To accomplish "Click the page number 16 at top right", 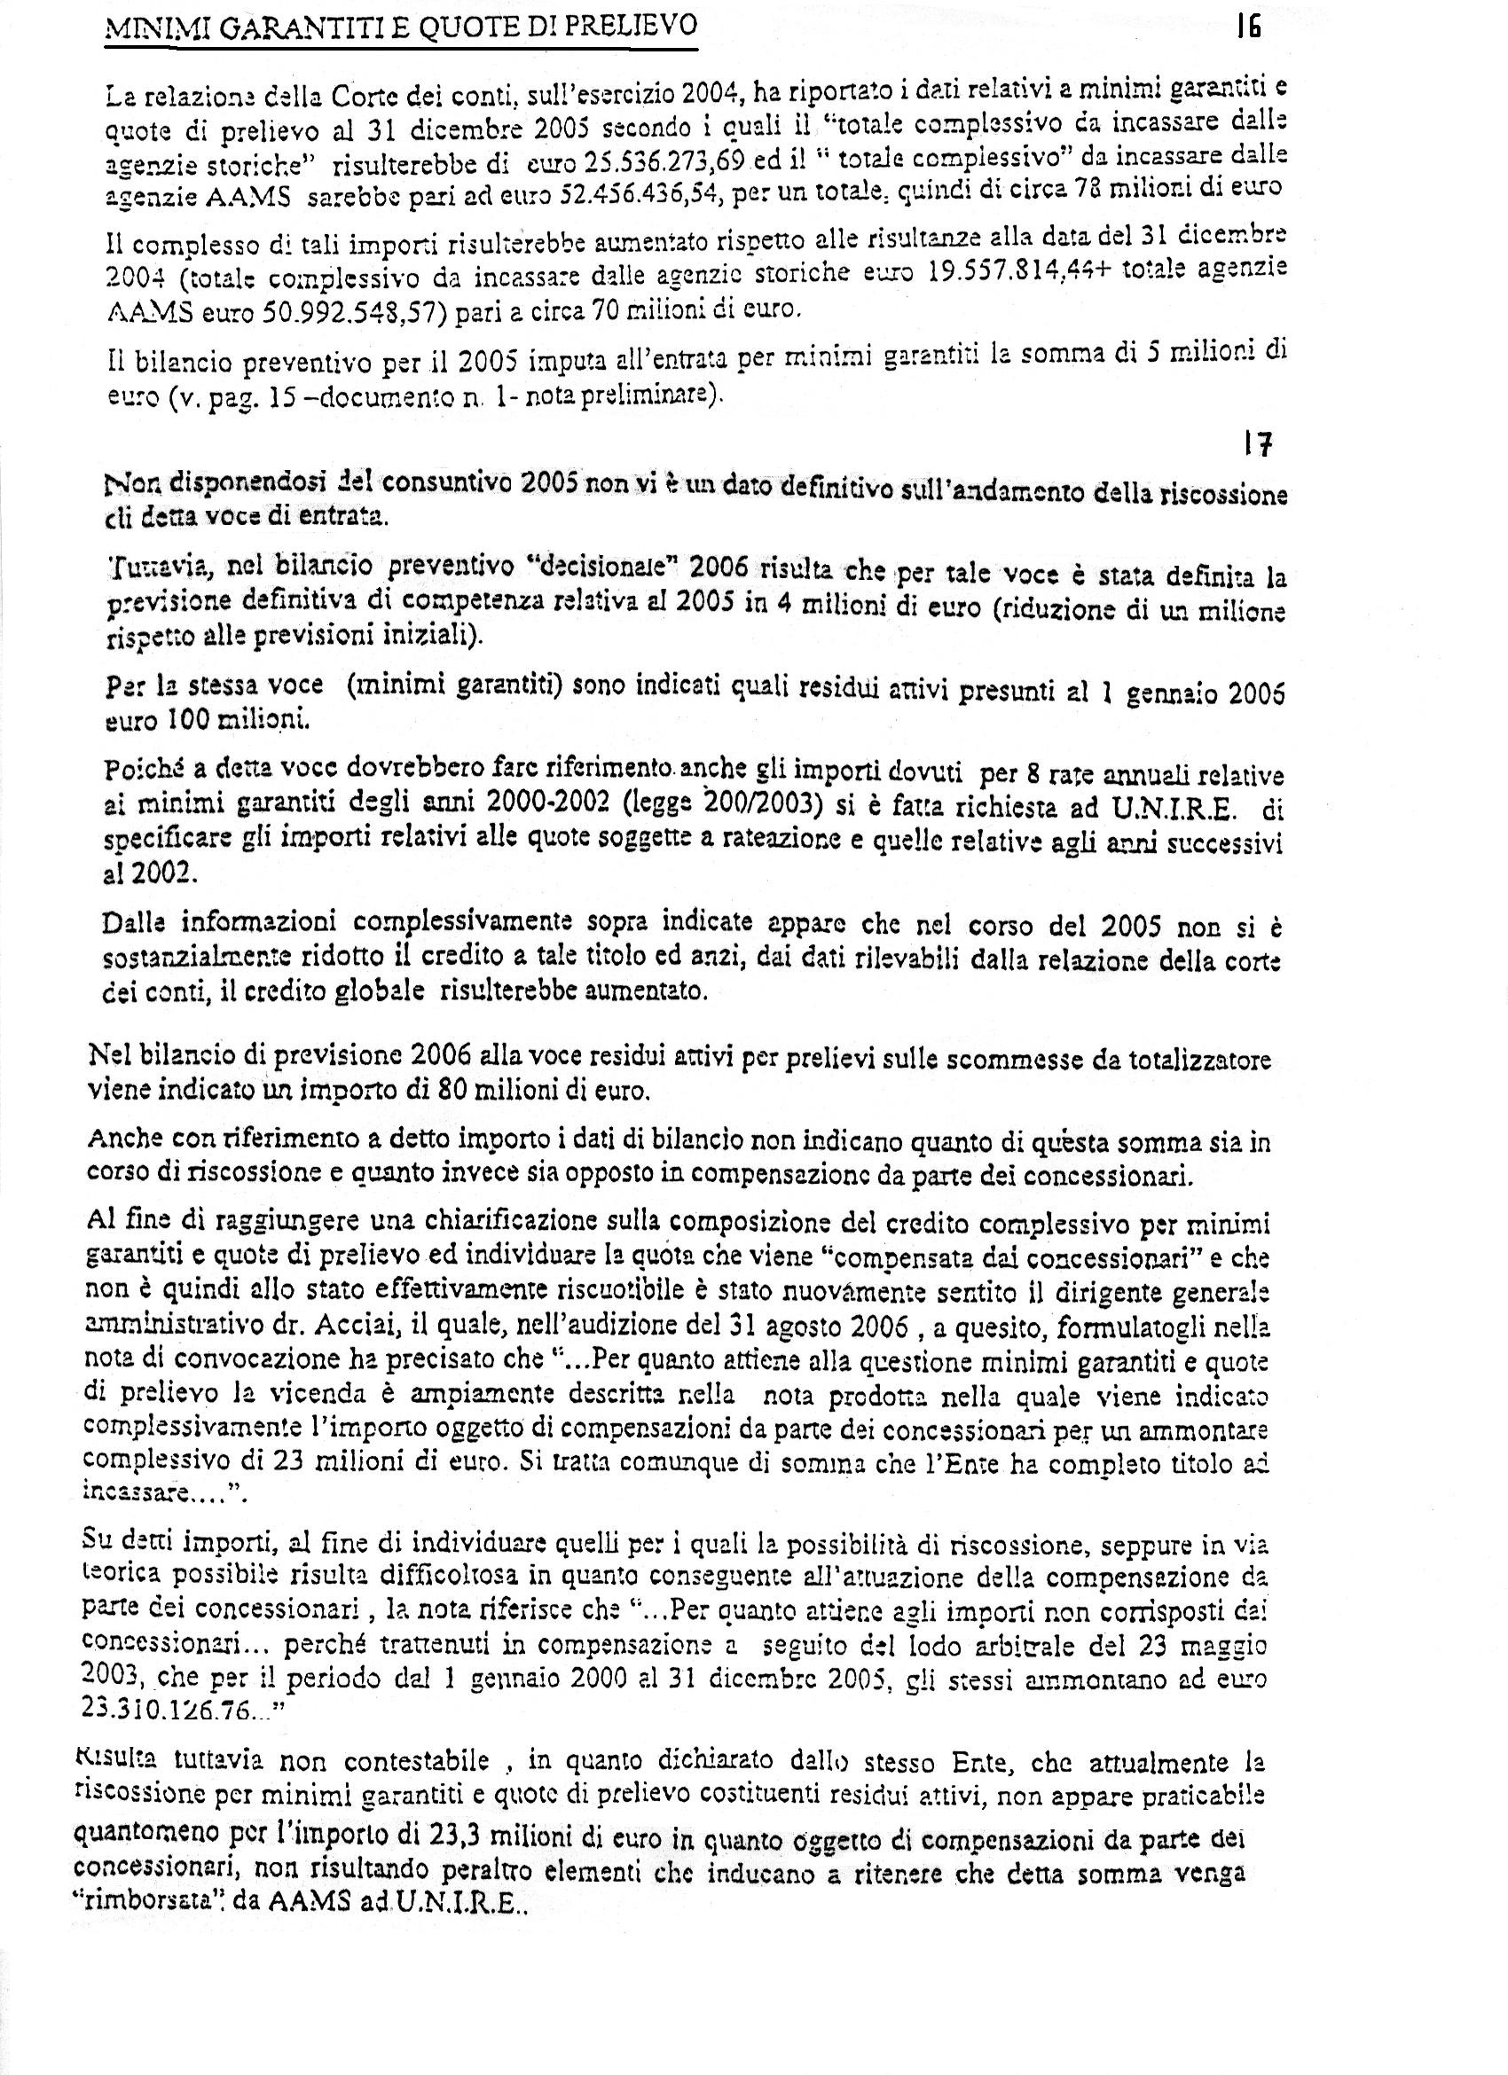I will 1248,27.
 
